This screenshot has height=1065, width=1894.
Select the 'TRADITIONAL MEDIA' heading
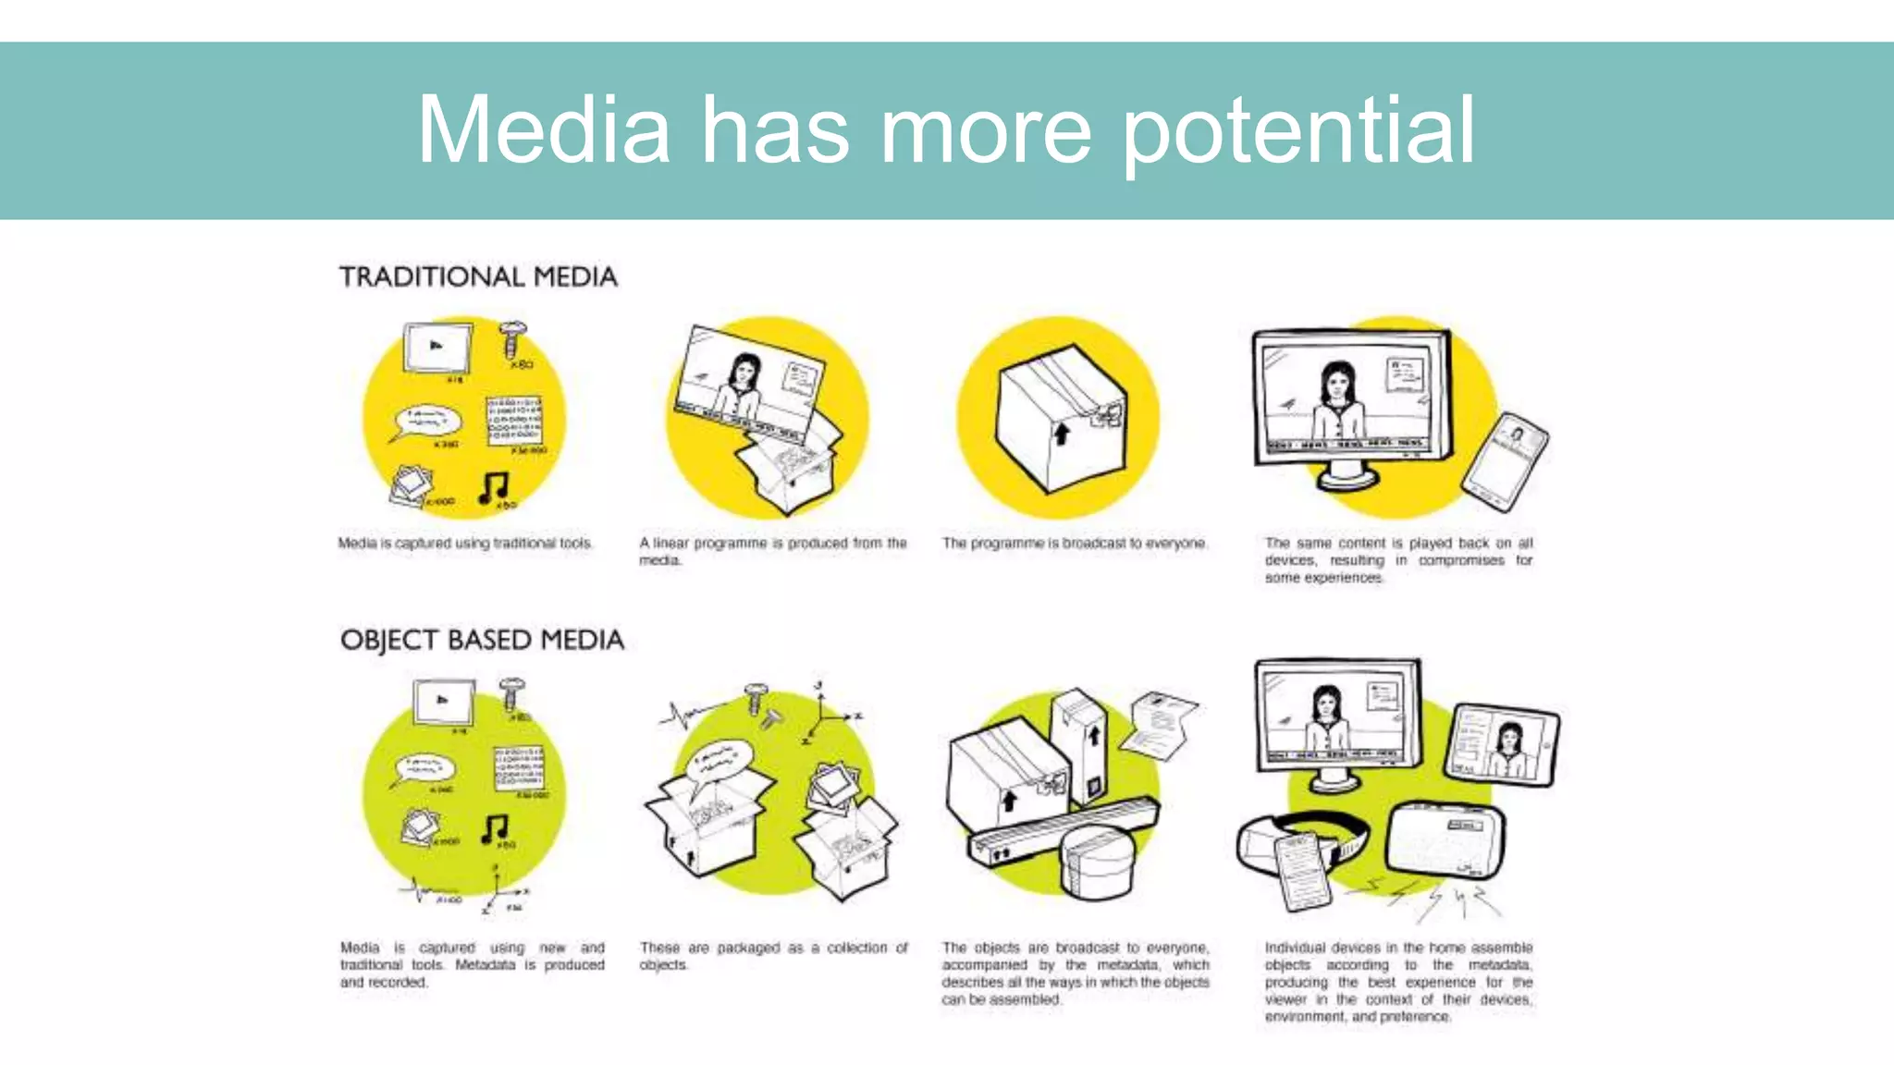[x=478, y=276]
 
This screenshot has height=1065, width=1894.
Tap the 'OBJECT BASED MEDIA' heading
[x=482, y=640]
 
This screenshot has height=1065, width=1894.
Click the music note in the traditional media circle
[x=494, y=486]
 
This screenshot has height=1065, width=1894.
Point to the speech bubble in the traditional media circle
[x=425, y=421]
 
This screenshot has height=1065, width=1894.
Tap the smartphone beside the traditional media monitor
[x=1506, y=461]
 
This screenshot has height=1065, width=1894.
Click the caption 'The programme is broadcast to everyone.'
[x=1074, y=543]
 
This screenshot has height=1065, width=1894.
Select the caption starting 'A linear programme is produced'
[x=773, y=551]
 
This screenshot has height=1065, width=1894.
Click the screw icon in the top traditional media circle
[x=511, y=338]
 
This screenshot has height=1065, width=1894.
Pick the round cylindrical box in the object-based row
[x=1098, y=860]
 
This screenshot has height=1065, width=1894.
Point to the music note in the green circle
[x=495, y=828]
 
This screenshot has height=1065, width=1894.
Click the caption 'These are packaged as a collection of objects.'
[x=773, y=956]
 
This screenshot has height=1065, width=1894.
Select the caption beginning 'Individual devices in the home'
[x=1398, y=982]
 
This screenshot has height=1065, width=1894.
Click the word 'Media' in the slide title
[x=544, y=131]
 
